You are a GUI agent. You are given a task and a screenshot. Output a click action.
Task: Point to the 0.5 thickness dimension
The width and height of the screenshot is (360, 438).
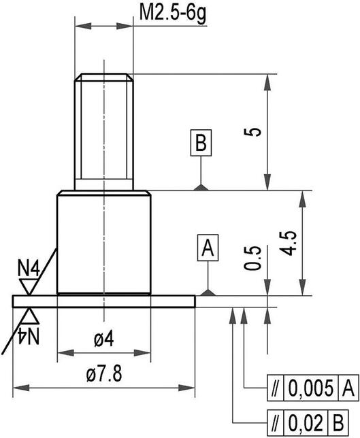254,258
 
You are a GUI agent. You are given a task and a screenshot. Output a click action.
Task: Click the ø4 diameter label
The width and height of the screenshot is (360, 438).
103,340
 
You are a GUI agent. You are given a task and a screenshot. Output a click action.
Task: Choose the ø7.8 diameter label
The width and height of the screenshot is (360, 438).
103,375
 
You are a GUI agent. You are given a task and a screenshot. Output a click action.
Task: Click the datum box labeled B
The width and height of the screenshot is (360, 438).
201,144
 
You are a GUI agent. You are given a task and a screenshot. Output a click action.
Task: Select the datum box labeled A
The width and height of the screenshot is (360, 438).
208,248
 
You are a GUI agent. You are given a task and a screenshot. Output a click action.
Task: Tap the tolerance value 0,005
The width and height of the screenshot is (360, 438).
311,389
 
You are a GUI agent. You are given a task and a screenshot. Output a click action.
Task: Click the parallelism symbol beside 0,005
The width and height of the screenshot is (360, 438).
275,389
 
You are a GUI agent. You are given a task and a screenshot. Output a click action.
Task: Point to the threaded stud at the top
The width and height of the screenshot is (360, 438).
103,129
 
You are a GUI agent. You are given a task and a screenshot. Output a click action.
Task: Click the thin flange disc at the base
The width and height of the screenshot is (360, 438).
103,301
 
